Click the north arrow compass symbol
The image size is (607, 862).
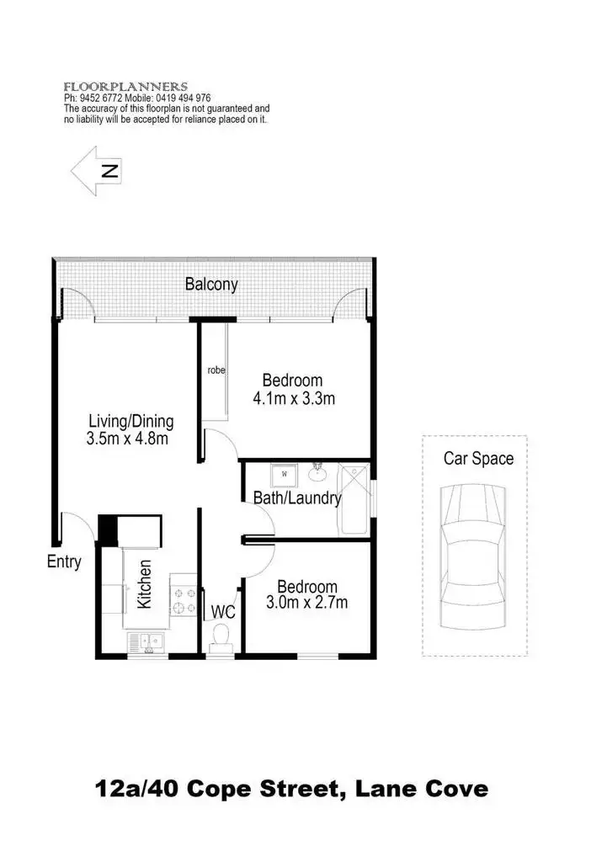click(x=95, y=171)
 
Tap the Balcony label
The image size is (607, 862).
click(x=211, y=285)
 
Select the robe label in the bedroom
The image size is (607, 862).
click(x=216, y=370)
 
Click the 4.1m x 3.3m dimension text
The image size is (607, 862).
click(x=294, y=398)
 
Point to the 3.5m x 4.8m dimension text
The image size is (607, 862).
click(x=128, y=438)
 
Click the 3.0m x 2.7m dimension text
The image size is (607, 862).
click(x=307, y=602)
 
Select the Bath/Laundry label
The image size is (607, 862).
click(x=297, y=498)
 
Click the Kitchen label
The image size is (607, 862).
click(x=145, y=585)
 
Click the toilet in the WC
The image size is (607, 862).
click(x=224, y=636)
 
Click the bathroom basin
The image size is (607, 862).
click(x=319, y=469)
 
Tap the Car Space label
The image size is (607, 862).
click(x=478, y=459)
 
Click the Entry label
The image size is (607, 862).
click(x=64, y=561)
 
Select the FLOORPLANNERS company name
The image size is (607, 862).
click(x=125, y=87)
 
